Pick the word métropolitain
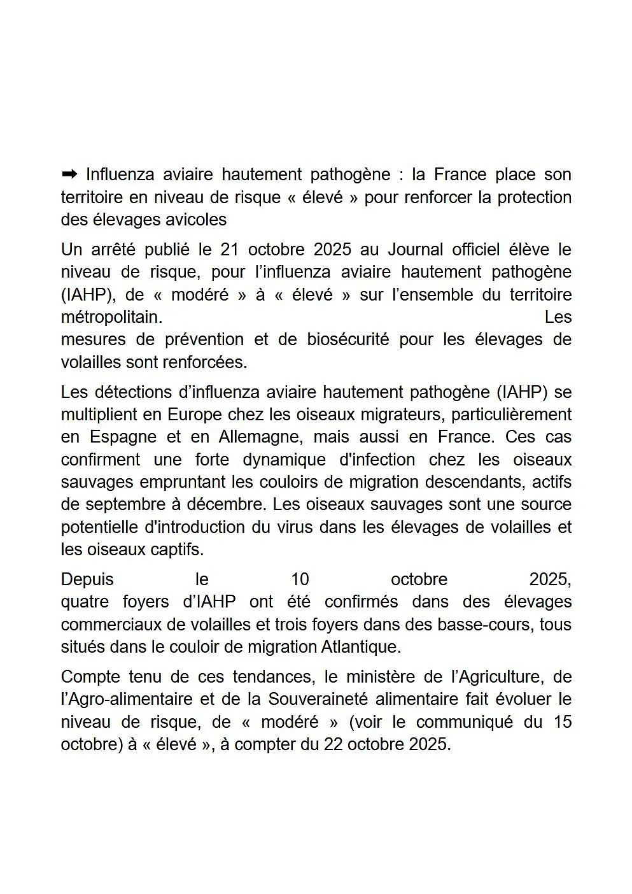click(x=111, y=317)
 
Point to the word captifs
click(x=176, y=550)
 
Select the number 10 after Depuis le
click(x=300, y=579)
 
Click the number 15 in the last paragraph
click(x=562, y=722)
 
